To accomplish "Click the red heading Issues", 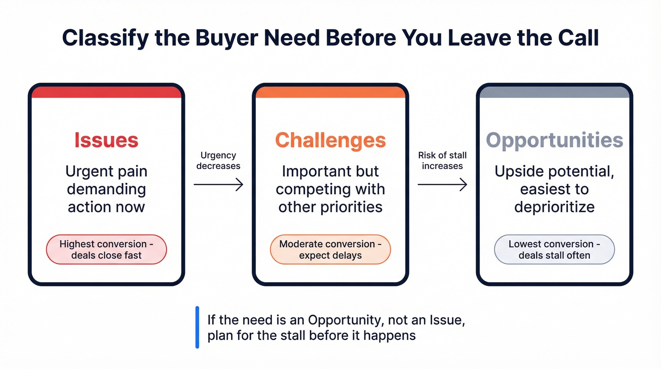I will pyautogui.click(x=106, y=140).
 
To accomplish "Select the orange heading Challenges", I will pyautogui.click(x=330, y=140).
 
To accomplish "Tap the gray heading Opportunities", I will pyautogui.click(x=554, y=140).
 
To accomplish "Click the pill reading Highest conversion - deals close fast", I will pyautogui.click(x=106, y=249).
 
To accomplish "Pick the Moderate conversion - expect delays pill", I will pyautogui.click(x=330, y=249).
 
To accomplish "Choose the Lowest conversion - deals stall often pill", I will pyautogui.click(x=554, y=249).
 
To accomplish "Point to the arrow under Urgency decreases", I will pyautogui.click(x=218, y=185).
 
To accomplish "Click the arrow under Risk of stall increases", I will pyautogui.click(x=442, y=185).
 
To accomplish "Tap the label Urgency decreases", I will pyautogui.click(x=218, y=161).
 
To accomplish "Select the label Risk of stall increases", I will pyautogui.click(x=442, y=161).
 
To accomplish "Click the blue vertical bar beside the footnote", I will pyautogui.click(x=197, y=327).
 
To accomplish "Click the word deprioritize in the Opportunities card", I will pyautogui.click(x=554, y=207).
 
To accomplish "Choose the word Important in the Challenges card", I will pyautogui.click(x=308, y=172).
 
